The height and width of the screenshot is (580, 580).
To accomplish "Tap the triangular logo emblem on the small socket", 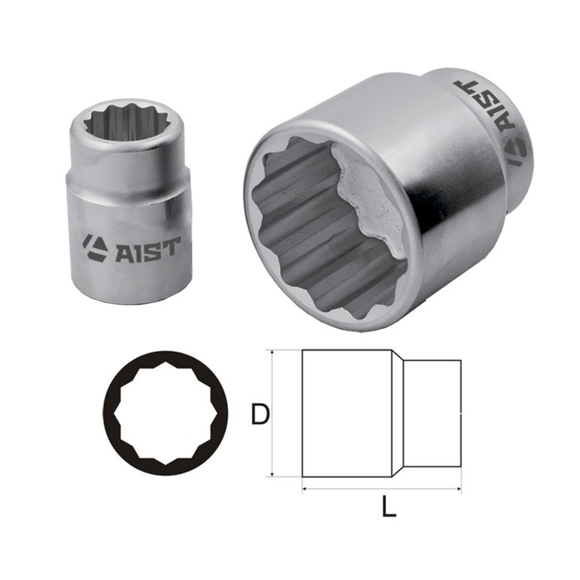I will [95, 247].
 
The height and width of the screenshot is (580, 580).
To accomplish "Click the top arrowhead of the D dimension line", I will [272, 354].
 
